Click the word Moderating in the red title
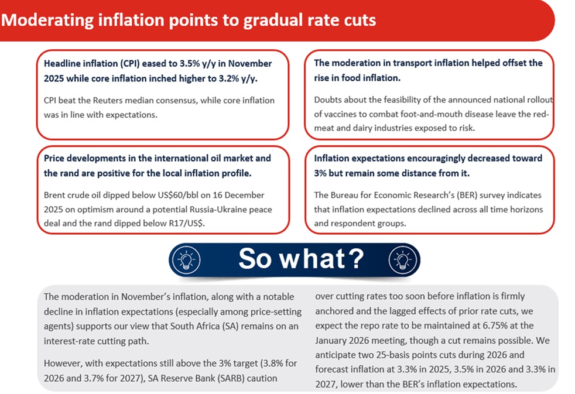click(x=47, y=20)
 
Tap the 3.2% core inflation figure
click(x=227, y=78)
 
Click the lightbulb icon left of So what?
click(x=186, y=259)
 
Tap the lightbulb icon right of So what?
click(x=403, y=259)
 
